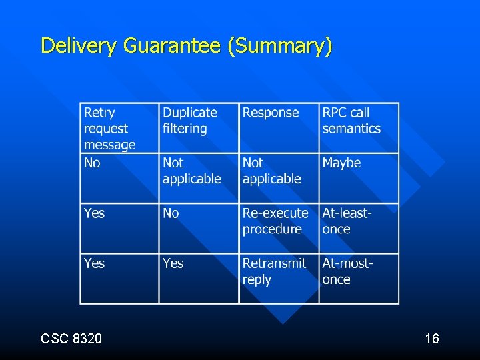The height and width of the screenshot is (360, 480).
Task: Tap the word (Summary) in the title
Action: tap(279, 45)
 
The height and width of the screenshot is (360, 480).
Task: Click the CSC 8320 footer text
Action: tap(71, 339)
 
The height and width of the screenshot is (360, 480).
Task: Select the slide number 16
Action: tap(431, 339)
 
